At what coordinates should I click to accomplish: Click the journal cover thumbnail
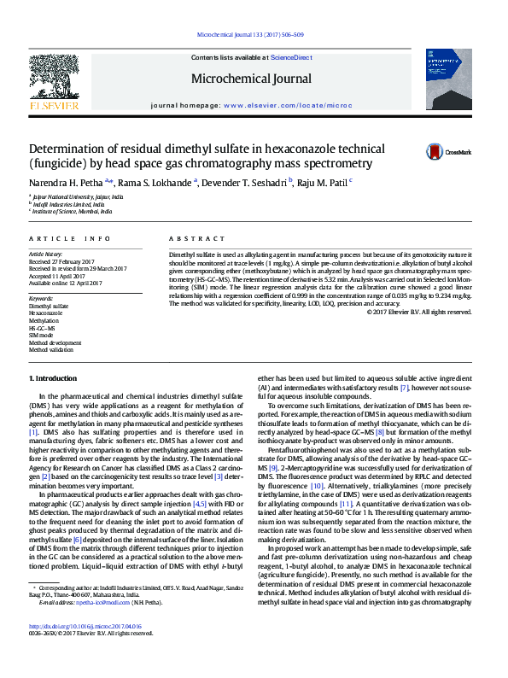point(447,79)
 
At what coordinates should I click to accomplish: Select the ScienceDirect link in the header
point(291,56)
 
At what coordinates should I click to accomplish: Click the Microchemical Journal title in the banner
point(252,79)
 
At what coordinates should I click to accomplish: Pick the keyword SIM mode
point(42,335)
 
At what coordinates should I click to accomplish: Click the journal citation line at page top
point(250,35)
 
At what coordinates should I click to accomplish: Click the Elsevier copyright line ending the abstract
point(418,312)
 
